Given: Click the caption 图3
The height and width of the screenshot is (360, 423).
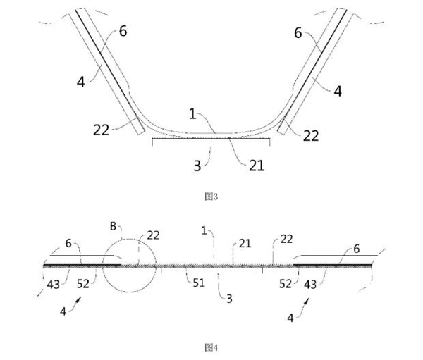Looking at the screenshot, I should pos(210,197).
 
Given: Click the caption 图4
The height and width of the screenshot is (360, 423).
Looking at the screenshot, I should pos(210,347).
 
